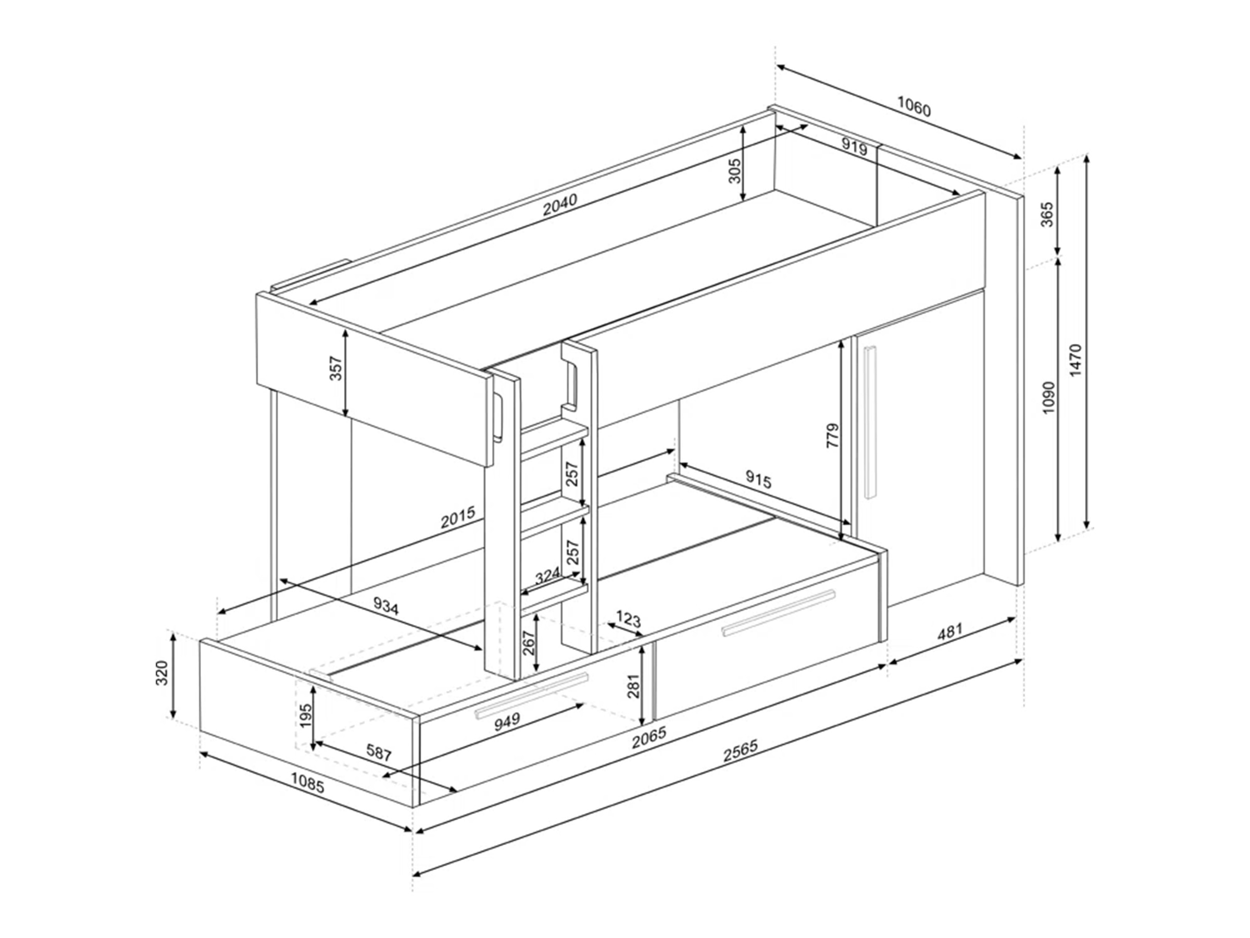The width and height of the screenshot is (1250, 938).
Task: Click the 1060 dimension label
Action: tap(914, 106)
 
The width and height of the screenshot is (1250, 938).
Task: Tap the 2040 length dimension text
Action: tap(560, 205)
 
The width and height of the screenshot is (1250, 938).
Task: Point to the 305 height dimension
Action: tap(734, 170)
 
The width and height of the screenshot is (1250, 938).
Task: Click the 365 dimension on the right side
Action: tap(1046, 214)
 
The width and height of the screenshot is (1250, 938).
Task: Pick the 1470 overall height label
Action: tap(1075, 360)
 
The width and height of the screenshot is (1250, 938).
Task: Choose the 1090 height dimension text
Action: tap(1048, 398)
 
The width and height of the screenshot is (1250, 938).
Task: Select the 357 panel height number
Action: tap(335, 368)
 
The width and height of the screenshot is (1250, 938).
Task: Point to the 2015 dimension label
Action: tap(458, 517)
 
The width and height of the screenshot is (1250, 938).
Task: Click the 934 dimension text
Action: tap(386, 607)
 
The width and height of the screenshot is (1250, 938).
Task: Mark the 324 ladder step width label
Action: tap(547, 576)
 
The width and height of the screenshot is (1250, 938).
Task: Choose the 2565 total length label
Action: tap(740, 751)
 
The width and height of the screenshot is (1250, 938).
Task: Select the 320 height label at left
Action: tap(161, 672)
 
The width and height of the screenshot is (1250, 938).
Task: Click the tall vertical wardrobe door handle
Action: tap(869, 422)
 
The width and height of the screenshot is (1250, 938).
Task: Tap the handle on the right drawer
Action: tap(778, 613)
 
